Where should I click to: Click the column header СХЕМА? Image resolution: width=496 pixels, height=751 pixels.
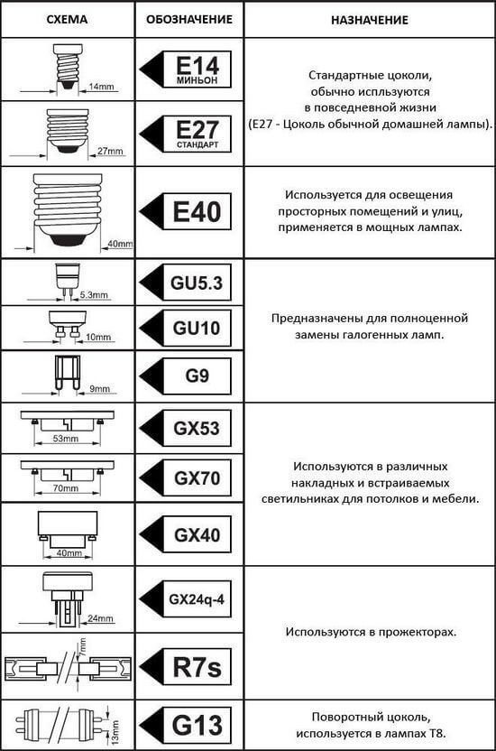(x=67, y=20)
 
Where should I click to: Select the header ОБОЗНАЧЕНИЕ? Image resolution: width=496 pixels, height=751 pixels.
(x=189, y=20)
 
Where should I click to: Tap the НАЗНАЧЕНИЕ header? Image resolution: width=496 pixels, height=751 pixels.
(x=370, y=20)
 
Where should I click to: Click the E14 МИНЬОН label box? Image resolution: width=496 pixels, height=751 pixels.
(x=197, y=70)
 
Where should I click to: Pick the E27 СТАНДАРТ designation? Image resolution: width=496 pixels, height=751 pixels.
(x=197, y=134)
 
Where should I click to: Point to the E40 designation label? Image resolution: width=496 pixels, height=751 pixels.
(x=197, y=212)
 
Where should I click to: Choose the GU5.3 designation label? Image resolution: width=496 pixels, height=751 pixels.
(x=197, y=283)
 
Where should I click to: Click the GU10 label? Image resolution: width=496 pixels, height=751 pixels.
(x=197, y=328)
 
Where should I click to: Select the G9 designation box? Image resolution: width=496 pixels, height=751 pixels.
(x=197, y=376)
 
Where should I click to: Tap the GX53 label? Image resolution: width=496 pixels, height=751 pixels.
(x=197, y=428)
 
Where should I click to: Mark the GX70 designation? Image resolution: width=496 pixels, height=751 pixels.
(x=197, y=478)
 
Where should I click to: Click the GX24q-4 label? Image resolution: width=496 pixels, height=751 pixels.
(x=197, y=599)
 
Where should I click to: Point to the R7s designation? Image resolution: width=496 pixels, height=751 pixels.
(x=197, y=667)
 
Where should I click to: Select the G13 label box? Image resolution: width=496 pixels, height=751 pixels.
(x=197, y=726)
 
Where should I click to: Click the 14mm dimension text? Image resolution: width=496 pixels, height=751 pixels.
(x=101, y=87)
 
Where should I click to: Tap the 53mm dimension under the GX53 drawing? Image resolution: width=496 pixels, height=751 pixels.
(x=66, y=439)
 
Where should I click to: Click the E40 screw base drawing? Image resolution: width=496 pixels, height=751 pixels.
(x=68, y=210)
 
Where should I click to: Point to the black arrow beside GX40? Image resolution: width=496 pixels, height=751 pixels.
(x=152, y=534)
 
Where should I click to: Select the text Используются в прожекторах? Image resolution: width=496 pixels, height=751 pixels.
(x=372, y=632)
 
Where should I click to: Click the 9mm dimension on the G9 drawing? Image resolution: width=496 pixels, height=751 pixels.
(x=99, y=389)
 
